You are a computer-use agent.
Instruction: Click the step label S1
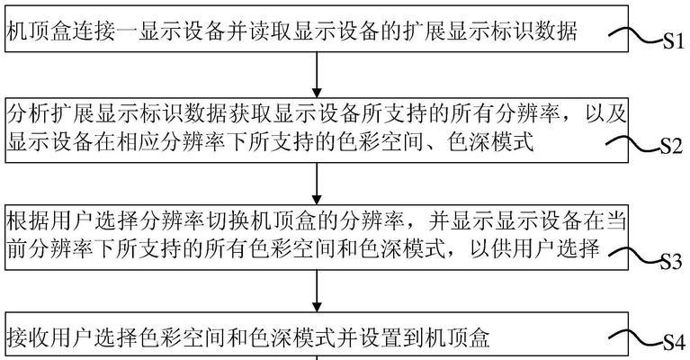click(x=673, y=41)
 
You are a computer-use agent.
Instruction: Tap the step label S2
click(x=670, y=146)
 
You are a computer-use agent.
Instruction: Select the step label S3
click(x=670, y=262)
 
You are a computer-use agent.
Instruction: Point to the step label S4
click(x=673, y=342)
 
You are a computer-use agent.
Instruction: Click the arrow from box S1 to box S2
click(x=317, y=75)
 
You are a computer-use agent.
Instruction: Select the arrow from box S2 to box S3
click(x=317, y=184)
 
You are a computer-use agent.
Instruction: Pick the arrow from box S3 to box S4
click(x=317, y=291)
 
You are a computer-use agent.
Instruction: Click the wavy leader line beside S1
click(x=636, y=35)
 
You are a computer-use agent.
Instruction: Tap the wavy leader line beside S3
click(x=633, y=256)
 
